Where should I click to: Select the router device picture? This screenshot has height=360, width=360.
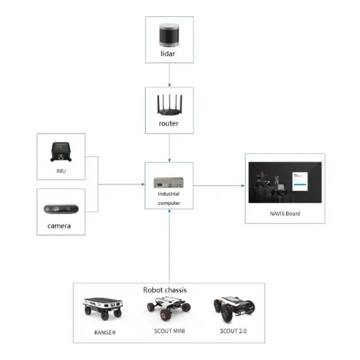[x=170, y=102]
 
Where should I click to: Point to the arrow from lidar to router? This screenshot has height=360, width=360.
[x=170, y=75]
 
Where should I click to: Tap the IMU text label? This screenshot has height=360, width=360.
[x=60, y=173]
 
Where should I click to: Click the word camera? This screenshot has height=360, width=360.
[x=60, y=226]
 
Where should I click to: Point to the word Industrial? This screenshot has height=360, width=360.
[x=169, y=194]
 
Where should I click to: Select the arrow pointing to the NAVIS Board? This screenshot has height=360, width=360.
[x=219, y=186]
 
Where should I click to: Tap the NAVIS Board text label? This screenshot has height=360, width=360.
[x=284, y=213]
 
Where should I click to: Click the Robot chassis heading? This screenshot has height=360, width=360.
[x=168, y=289]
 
